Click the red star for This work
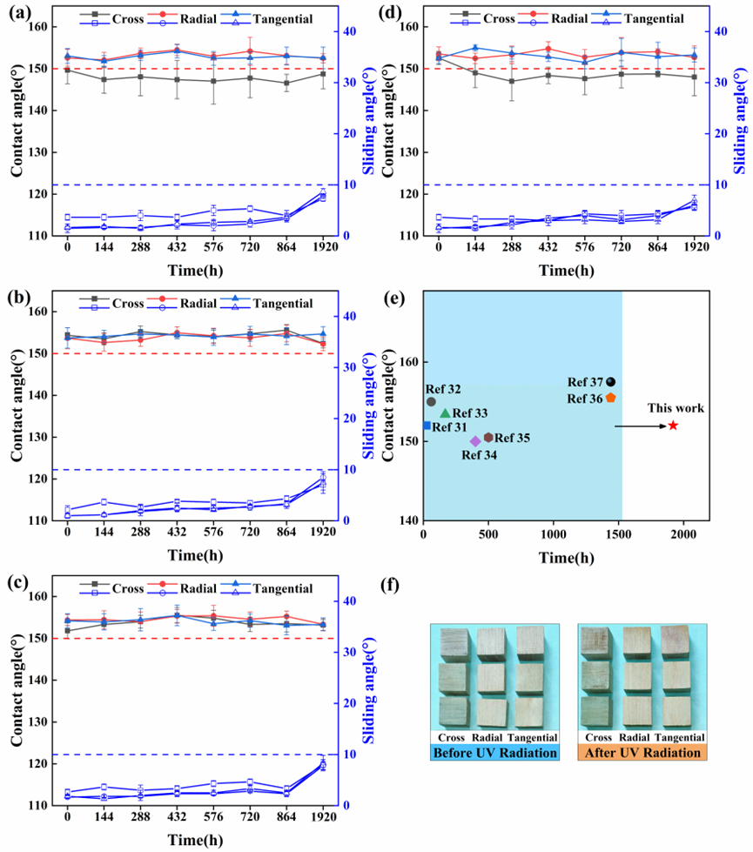point(673,426)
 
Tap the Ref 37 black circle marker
point(611,381)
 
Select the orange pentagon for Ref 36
point(611,397)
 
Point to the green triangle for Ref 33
point(446,413)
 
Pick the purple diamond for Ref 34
point(475,441)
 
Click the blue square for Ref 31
point(427,426)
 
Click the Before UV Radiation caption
point(494,752)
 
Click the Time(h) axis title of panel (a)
point(194,269)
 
